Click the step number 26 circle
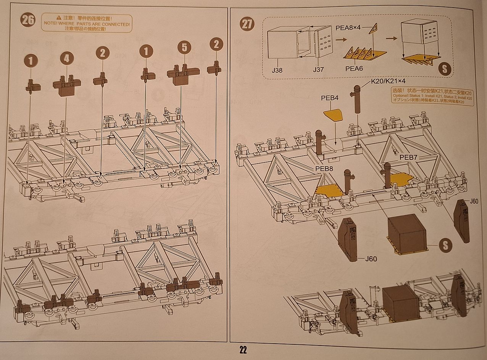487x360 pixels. [28, 20]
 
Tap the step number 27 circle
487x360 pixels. [247, 24]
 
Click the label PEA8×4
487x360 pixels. [348, 28]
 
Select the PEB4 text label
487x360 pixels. [329, 98]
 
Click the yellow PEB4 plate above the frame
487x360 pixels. [333, 114]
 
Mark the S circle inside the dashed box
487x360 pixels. [444, 69]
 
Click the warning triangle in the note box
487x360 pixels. [59, 18]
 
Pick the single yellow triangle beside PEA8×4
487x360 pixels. [373, 29]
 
